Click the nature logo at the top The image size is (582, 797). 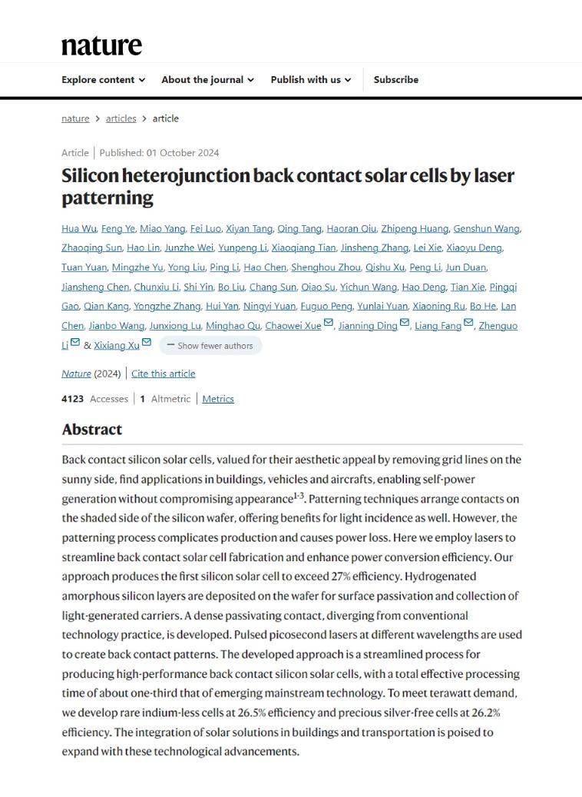(x=101, y=45)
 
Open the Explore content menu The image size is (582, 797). (x=103, y=80)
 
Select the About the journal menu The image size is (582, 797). (x=207, y=80)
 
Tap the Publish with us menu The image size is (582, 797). (x=310, y=80)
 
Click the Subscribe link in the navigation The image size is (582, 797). (x=396, y=80)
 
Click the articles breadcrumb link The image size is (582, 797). (x=121, y=118)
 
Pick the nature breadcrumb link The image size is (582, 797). (x=75, y=118)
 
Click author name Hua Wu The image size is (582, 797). (x=78, y=228)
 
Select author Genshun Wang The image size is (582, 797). (x=486, y=228)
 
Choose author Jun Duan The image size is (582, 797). (x=466, y=267)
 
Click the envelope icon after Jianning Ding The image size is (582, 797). (x=405, y=324)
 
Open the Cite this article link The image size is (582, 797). (x=163, y=374)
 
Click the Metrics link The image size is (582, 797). (x=218, y=399)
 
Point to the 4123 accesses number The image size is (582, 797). (x=73, y=399)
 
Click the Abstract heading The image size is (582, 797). (x=92, y=430)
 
